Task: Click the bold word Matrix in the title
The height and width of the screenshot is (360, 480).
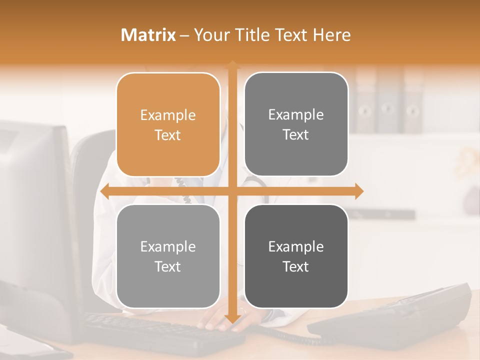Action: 148,35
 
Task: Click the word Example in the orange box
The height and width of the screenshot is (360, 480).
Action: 168,115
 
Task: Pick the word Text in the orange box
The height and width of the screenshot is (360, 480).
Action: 168,135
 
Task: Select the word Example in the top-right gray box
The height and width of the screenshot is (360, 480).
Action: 296,115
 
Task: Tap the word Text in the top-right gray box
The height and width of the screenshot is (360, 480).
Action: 296,134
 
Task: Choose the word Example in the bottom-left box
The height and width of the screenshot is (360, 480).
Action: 168,247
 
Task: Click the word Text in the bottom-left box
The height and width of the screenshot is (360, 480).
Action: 168,266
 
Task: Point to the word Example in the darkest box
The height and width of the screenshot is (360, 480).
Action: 296,247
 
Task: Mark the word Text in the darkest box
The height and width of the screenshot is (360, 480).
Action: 296,266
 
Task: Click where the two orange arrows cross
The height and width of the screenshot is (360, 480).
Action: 232,191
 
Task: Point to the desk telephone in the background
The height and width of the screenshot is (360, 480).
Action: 395,315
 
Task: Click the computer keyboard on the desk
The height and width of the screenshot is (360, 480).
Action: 160,332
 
